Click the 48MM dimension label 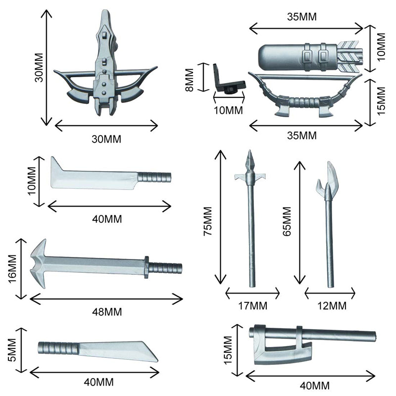[x=106, y=312]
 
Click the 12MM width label [x=330, y=305]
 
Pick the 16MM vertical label [x=13, y=268]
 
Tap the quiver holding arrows [x=297, y=55]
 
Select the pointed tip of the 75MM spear [x=250, y=160]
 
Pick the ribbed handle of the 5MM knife [x=58, y=348]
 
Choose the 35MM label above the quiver [x=302, y=16]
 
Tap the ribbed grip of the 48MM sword [x=165, y=268]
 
